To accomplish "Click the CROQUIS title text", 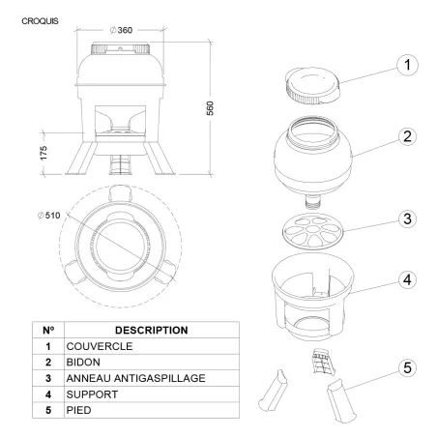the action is [x=40, y=21].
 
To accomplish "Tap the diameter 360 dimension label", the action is [x=121, y=30].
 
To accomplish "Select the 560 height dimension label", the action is [x=210, y=108].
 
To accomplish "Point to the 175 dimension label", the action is [x=44, y=153].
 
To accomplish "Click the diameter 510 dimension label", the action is [x=49, y=216].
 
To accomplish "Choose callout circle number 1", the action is [x=407, y=65].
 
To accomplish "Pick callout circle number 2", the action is [x=407, y=136].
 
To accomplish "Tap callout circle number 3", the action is [x=407, y=218].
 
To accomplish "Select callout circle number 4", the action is [x=407, y=279].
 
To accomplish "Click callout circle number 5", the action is [x=407, y=367].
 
